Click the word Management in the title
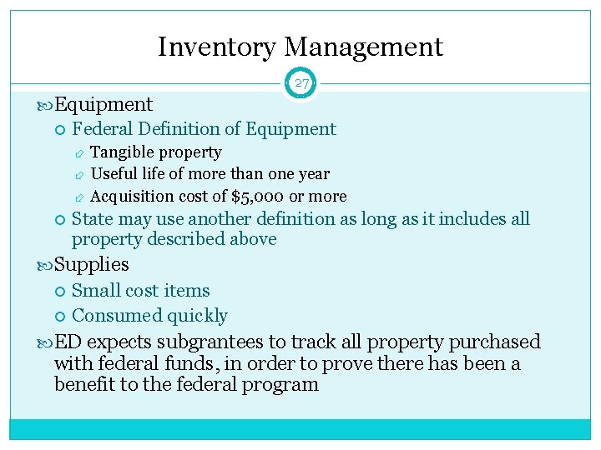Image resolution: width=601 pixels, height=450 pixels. (x=362, y=47)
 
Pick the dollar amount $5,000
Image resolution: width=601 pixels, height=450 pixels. (x=257, y=197)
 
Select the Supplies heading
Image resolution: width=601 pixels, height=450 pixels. (x=91, y=265)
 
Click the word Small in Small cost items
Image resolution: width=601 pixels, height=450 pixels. (x=94, y=291)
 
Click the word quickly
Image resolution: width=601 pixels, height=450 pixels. (x=197, y=316)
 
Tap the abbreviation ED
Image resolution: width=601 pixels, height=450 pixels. (x=68, y=342)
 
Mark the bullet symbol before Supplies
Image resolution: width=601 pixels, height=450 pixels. (x=45, y=265)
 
